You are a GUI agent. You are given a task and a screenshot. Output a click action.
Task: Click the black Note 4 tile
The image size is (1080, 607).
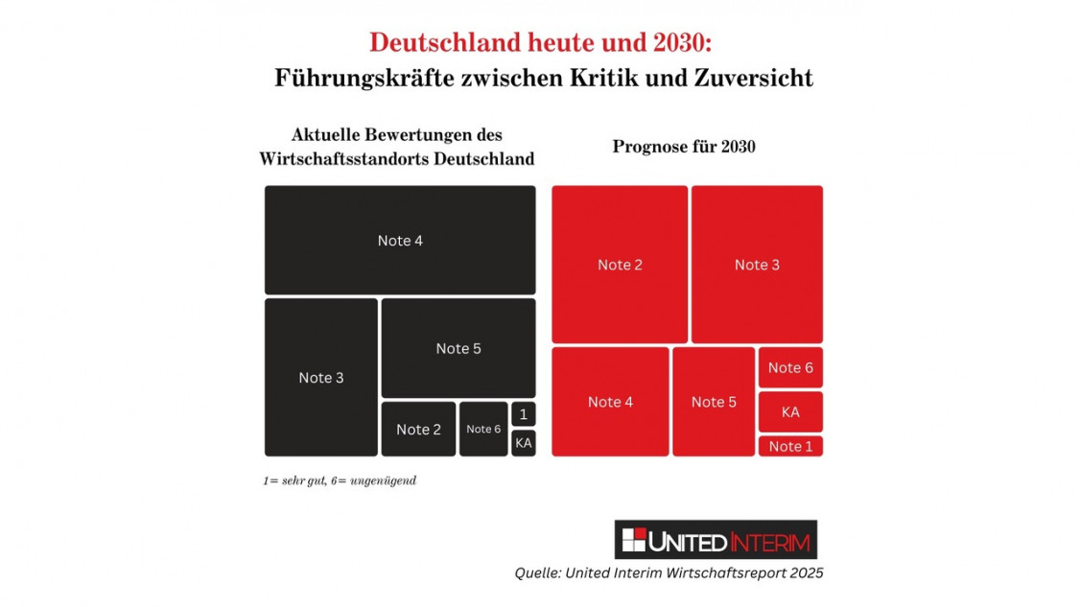[x=399, y=240]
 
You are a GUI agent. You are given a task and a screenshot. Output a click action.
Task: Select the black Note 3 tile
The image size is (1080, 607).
[x=320, y=377]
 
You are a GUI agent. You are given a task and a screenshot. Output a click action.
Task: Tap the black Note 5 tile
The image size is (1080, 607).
[x=458, y=347]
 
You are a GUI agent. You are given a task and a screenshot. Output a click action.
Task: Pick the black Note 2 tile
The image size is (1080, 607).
[x=418, y=429]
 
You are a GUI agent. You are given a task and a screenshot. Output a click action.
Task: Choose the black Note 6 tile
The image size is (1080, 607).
[x=482, y=429]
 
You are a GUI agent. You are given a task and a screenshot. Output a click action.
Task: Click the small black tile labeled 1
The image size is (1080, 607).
[x=523, y=414]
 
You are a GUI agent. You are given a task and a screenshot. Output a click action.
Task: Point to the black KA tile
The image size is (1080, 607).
[x=523, y=442]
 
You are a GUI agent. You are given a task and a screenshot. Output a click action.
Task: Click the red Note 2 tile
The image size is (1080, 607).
[x=619, y=264]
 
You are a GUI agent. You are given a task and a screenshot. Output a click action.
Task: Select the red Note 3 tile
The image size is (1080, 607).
[x=756, y=264]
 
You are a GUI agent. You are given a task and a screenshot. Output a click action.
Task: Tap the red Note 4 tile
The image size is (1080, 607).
[x=610, y=401]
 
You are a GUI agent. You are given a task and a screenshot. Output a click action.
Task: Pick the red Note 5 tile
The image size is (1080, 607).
[x=713, y=401]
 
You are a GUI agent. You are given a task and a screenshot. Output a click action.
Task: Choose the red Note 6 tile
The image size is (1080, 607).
[x=789, y=367]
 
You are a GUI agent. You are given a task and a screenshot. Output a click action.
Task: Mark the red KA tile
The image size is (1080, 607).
[x=789, y=411]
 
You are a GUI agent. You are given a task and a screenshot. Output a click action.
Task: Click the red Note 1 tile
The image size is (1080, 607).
[x=789, y=446]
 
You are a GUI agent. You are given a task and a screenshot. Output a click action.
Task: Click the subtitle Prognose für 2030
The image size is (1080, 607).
[x=683, y=147]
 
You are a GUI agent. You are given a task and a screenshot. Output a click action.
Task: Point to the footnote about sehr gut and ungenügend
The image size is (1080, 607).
[x=340, y=480]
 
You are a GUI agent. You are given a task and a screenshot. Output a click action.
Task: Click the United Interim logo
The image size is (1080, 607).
[x=715, y=540]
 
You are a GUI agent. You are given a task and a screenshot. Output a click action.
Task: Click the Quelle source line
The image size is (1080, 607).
[x=669, y=572]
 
